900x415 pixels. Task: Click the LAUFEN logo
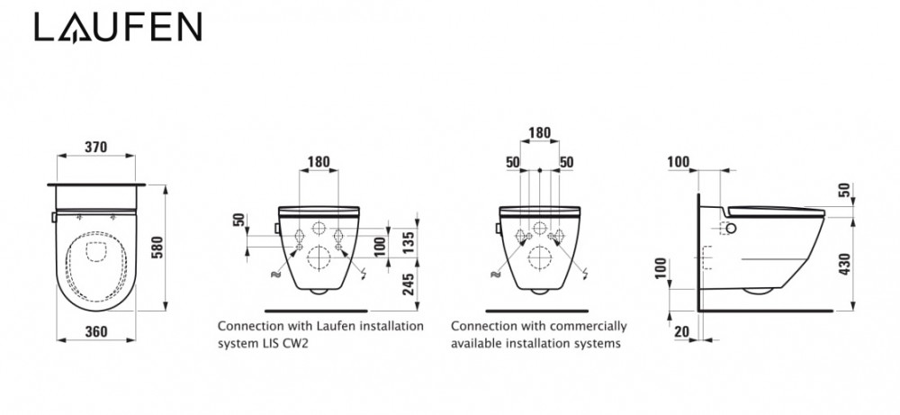pyautogui.click(x=118, y=29)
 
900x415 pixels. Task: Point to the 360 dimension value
pyautogui.click(x=96, y=330)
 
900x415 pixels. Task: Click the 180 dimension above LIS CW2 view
pyautogui.click(x=317, y=163)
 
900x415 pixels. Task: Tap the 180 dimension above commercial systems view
pyautogui.click(x=539, y=131)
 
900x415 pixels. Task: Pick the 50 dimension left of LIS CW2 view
pyautogui.click(x=237, y=221)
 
